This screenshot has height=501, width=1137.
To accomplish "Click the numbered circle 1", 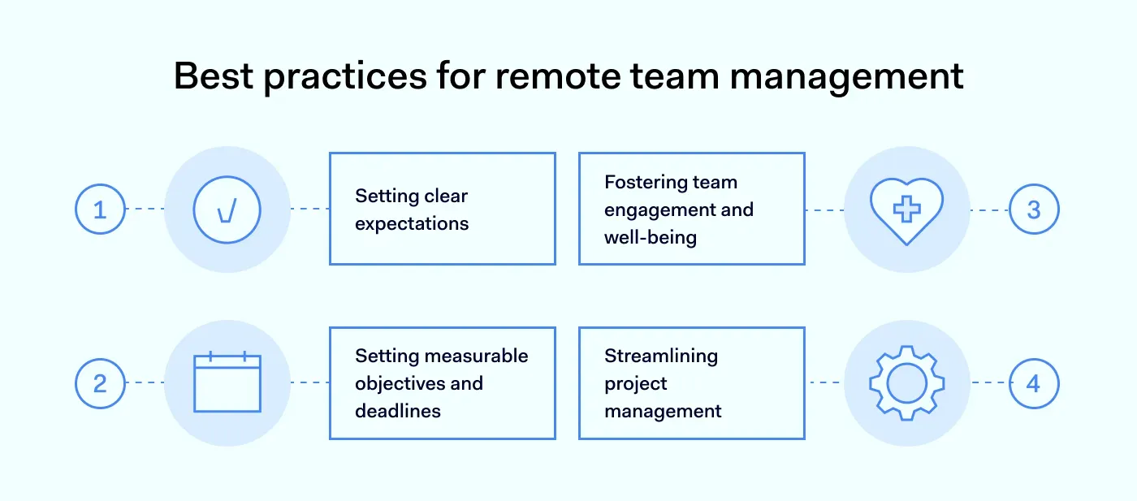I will [100, 209].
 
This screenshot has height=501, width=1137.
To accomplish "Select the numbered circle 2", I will [100, 382].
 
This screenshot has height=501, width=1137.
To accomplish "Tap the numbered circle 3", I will [1034, 209].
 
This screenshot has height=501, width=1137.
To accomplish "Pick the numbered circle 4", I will [1034, 382].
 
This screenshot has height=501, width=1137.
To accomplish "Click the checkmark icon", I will [227, 209].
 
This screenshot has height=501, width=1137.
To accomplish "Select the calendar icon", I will [227, 382].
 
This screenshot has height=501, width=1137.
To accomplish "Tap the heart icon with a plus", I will [906, 209].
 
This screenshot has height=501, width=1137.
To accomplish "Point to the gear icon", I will [906, 382].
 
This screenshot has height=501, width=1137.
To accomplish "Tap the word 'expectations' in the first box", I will [412, 224].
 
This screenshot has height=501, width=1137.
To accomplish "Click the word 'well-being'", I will [651, 238].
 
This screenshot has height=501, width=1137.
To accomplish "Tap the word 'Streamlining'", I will [661, 356].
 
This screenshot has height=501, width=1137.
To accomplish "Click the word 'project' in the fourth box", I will [636, 384].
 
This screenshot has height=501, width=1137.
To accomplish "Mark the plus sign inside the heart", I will [906, 209].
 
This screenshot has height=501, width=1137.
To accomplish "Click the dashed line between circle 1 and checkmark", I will [145, 209].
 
